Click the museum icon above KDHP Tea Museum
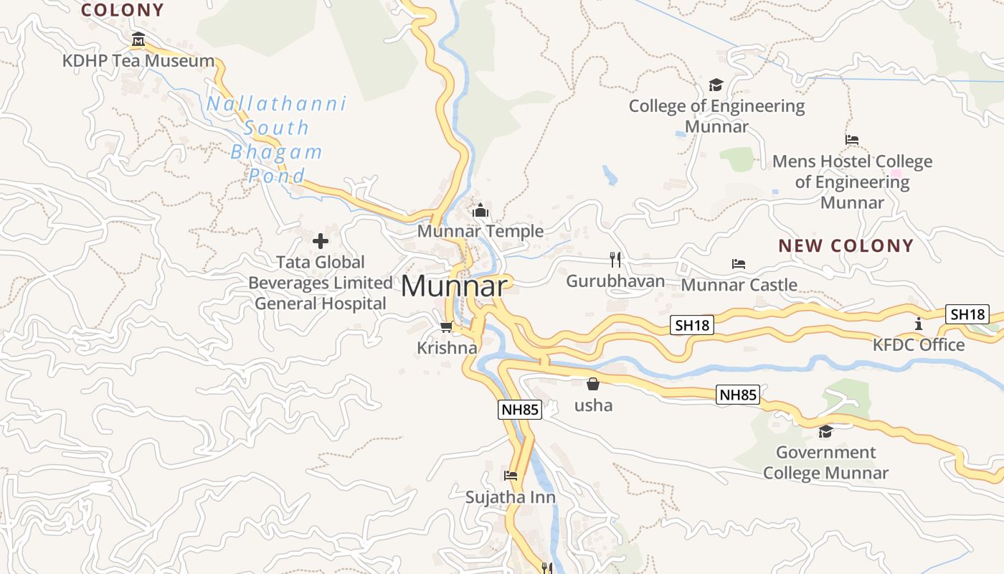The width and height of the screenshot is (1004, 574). pos(138,39)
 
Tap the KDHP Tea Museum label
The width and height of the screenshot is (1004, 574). pos(138,61)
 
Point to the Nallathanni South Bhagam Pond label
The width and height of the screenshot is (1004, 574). pos(276,140)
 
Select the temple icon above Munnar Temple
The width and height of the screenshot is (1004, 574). pos(480,211)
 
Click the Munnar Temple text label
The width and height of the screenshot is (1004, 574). pos(480,231)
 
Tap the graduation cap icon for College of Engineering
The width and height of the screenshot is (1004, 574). pos(716,85)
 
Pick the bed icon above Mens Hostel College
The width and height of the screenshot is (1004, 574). pos(852,140)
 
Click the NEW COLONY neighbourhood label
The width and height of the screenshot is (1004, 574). pos(846,245)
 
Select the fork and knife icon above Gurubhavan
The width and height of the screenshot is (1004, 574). pos(615,260)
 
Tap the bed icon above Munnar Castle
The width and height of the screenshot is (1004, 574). pos(739,264)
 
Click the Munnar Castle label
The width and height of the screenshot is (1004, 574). pos(739,285)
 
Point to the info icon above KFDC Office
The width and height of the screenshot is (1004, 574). pos(919,324)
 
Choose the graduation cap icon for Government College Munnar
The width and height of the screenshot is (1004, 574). pos(825,431)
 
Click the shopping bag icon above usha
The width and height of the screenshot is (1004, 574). pos(593,385)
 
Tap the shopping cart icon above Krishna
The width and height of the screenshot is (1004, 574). pos(446,327)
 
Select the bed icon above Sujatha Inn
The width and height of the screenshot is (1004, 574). pos(511,476)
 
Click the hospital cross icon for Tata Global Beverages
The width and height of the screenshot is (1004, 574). pos(321,241)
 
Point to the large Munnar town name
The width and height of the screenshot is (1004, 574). pos(455,286)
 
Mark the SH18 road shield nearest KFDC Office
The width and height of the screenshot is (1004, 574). pos(967,314)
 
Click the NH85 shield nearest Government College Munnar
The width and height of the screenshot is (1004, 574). pos(738,394)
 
